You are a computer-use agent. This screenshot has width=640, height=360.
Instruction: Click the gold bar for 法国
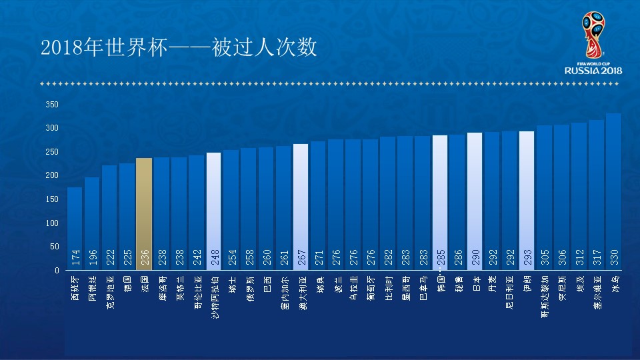(144, 213)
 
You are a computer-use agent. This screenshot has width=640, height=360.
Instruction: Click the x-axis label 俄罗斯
(249, 286)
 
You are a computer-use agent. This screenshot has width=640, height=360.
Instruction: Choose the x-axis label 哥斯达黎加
(544, 293)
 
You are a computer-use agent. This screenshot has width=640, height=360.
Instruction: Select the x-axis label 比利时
(388, 286)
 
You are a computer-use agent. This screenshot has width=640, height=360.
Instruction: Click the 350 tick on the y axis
(52, 105)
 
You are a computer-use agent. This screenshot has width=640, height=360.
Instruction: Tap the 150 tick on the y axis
(52, 199)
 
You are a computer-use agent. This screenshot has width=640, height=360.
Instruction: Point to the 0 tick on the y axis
(57, 270)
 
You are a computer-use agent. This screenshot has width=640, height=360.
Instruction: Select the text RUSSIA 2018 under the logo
(593, 70)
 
